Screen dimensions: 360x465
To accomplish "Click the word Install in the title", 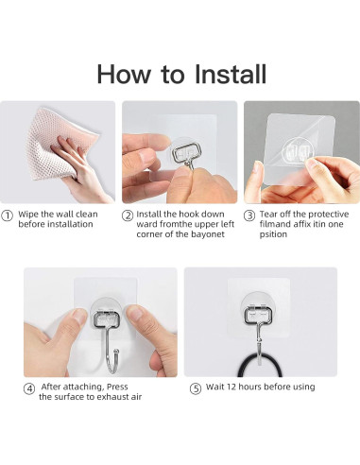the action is point(231,74).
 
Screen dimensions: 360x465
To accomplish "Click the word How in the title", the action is point(124,74).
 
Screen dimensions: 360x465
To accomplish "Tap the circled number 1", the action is point(8,215).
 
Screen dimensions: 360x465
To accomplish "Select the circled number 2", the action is point(128,215).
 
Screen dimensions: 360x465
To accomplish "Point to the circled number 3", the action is point(249,215).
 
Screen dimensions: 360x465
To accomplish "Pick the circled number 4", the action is point(29,388).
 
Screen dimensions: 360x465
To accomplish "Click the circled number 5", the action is point(196,388).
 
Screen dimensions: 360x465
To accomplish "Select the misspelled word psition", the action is point(273,234).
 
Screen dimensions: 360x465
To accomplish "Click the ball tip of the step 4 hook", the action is point(116,351).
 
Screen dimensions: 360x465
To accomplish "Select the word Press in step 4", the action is point(117,387).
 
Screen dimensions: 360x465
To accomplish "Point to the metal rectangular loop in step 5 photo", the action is point(258,315).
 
